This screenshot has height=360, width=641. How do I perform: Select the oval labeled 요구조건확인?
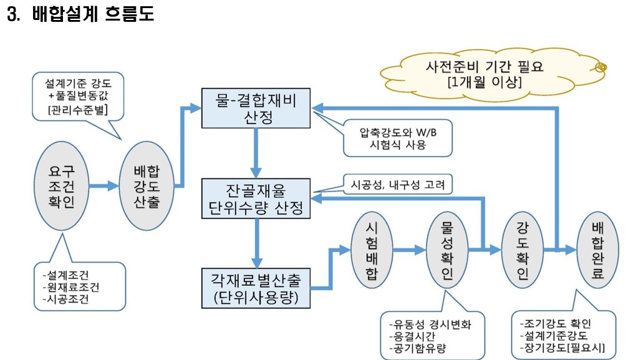click(61, 185)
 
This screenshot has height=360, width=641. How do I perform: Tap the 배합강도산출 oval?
click(147, 185)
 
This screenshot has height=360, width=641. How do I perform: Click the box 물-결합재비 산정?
click(256, 108)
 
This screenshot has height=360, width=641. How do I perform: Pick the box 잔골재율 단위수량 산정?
click(256, 199)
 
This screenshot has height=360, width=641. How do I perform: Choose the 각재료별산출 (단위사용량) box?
click(256, 288)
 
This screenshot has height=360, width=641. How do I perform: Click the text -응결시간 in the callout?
click(412, 336)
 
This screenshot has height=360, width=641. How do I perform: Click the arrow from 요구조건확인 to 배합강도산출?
click(104, 185)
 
